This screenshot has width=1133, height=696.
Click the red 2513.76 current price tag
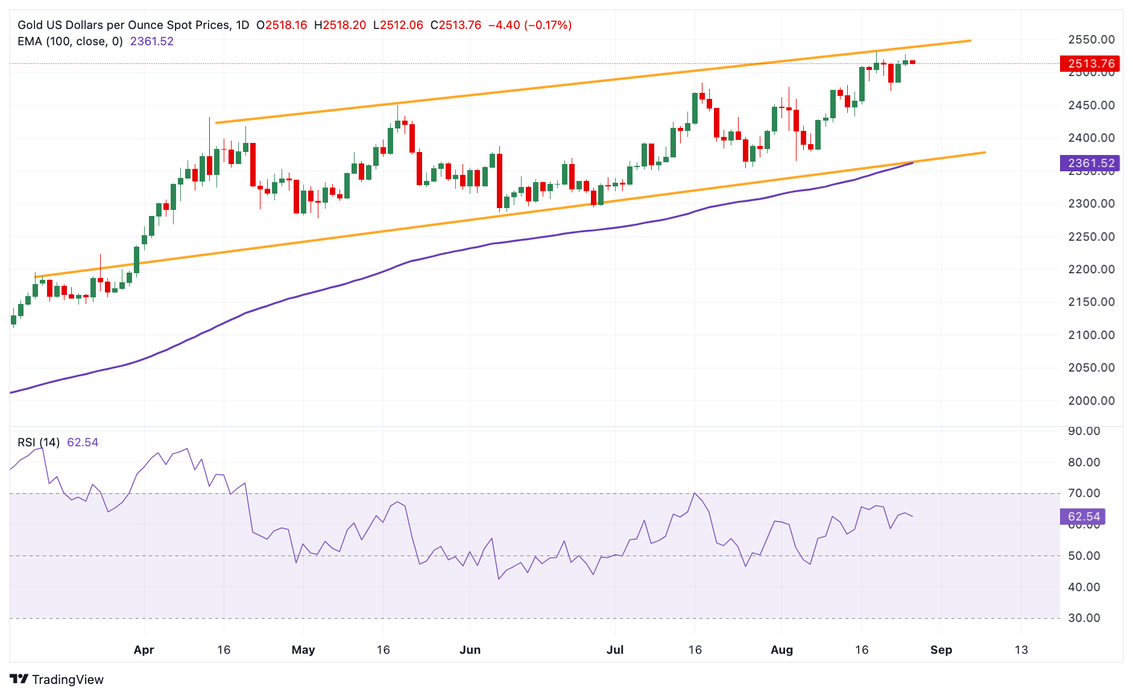coord(1090,63)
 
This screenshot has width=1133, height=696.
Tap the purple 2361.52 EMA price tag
coord(1090,163)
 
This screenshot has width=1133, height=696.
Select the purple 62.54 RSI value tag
coord(1083,516)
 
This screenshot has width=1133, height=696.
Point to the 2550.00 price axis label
coord(1091,40)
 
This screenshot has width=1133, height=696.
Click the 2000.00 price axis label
coord(1091,400)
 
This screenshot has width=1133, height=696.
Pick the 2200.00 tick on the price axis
coord(1091,270)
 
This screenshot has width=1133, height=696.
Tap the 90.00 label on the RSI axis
coord(1084,431)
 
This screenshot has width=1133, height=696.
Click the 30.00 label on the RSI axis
coord(1084,618)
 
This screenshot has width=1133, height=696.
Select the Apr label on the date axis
coord(144,650)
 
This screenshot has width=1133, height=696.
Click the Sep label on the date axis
coord(941,650)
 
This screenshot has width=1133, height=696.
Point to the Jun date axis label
coord(470,650)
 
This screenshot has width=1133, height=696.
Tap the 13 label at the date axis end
coord(1021,650)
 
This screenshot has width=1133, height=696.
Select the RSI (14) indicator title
coord(39,442)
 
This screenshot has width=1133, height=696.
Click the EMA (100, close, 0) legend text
coord(70,42)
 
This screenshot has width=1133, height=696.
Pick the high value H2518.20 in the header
coord(339,25)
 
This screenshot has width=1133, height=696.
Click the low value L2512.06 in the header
coord(398,25)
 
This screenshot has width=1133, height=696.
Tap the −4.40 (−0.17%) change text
coord(529,25)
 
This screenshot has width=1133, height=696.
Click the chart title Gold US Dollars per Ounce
coord(124,25)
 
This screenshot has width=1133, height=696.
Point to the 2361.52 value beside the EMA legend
coord(152,42)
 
